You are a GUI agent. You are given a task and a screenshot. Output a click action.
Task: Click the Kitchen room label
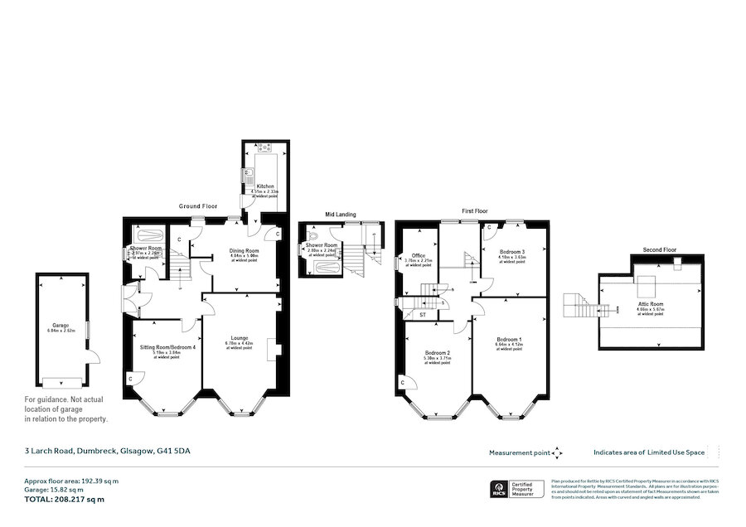coord(265,186)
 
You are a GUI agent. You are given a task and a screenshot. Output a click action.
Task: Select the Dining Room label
coord(245,250)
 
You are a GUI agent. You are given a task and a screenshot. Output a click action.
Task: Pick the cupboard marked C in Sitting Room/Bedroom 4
coord(131,379)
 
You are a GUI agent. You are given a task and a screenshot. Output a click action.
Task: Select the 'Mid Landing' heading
coord(340,215)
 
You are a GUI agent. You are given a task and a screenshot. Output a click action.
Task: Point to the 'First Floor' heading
coord(475,211)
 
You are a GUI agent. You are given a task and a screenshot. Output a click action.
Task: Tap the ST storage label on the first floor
coord(422,315)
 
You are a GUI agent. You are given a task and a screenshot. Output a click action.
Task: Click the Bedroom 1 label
coord(509,340)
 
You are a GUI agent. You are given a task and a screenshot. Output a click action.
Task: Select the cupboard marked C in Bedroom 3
coord(489,227)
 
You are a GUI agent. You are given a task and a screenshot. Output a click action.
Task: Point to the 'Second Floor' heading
coord(659,249)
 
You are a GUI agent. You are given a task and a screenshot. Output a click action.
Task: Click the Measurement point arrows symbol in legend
coord(557,452)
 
